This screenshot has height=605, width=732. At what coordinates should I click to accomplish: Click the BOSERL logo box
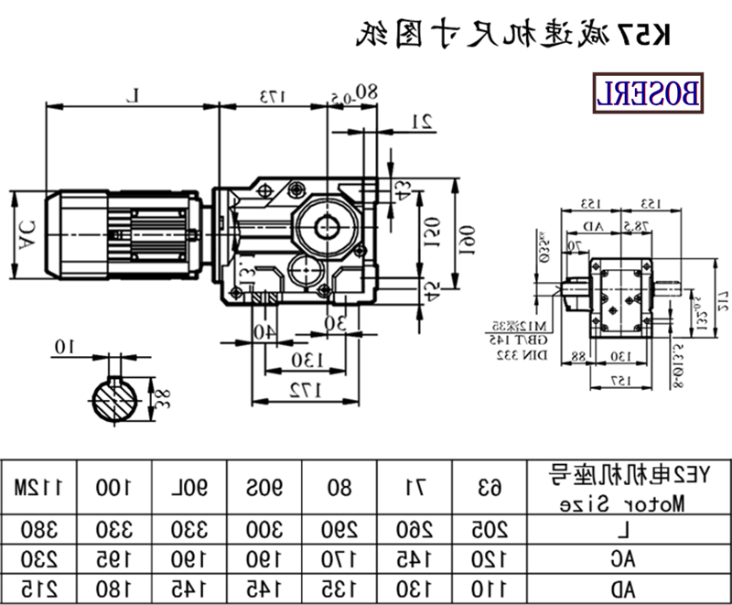point(651,93)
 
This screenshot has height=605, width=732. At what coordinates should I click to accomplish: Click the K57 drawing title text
point(513,34)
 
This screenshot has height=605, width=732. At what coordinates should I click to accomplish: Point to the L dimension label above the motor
point(135,94)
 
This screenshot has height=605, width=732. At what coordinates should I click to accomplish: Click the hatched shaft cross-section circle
point(116,400)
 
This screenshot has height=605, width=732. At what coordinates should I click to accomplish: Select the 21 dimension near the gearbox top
point(423,119)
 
